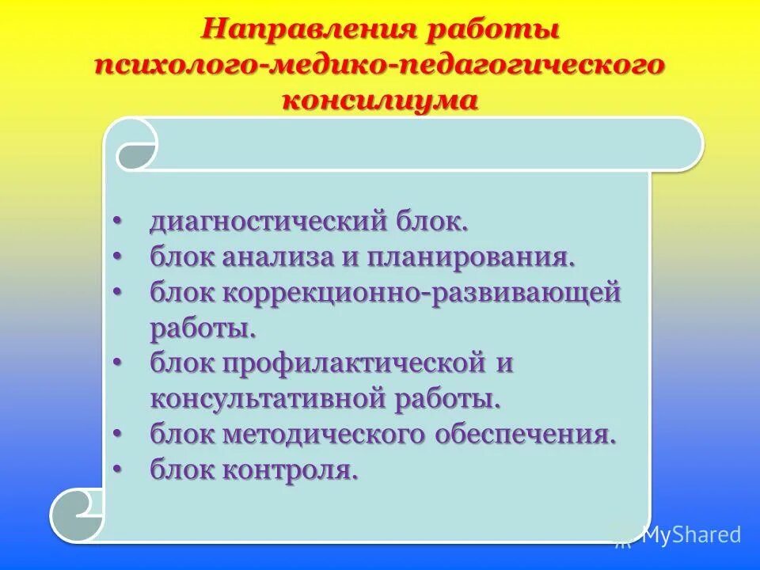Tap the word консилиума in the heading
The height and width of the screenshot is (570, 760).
[x=380, y=101]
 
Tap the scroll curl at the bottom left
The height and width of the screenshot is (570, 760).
[x=78, y=514]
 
